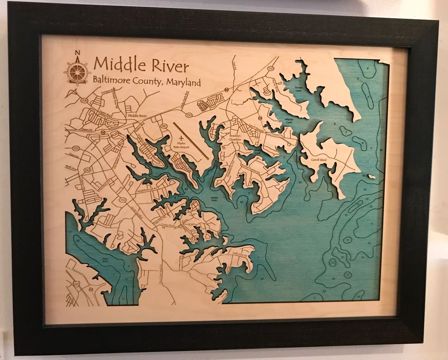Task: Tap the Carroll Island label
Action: click(318, 160)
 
